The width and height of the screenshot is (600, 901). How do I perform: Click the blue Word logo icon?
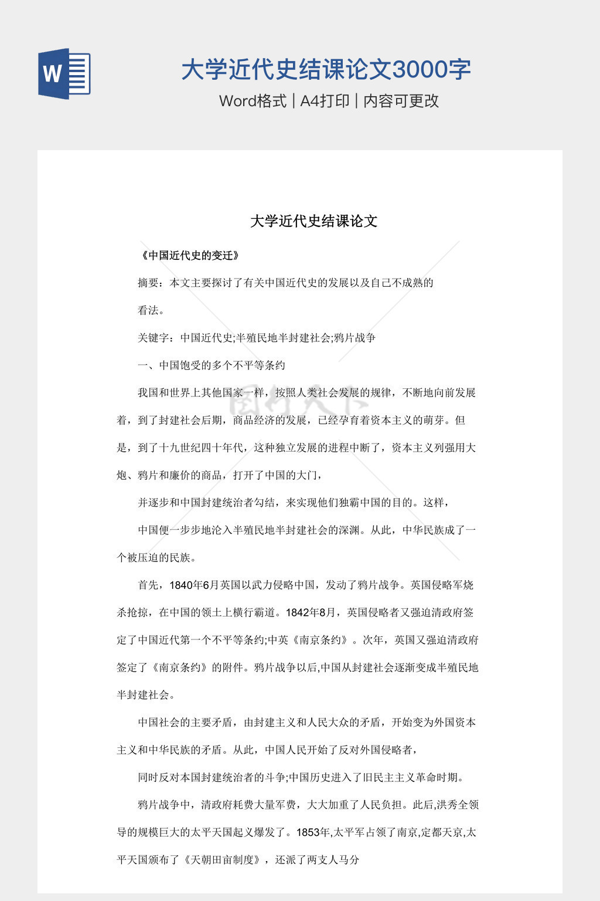(x=64, y=73)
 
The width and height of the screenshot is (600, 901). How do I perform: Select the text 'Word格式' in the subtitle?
(x=253, y=101)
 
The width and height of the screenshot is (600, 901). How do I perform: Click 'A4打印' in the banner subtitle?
(x=325, y=101)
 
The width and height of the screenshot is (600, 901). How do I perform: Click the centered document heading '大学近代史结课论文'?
(x=314, y=221)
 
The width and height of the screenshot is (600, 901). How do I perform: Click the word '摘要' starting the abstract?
(x=148, y=283)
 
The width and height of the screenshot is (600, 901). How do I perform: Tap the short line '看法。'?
(x=151, y=310)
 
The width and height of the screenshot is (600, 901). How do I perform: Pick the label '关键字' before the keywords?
(x=154, y=338)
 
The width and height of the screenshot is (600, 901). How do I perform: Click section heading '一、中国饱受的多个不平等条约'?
(x=212, y=365)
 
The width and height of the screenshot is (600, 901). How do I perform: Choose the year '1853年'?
(x=314, y=832)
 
